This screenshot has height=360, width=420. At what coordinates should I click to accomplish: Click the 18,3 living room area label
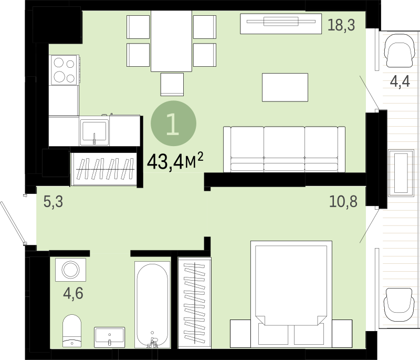pos(341,26)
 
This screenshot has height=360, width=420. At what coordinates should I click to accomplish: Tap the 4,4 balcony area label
pos(400,81)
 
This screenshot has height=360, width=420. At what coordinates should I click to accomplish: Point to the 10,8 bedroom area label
pos(343,202)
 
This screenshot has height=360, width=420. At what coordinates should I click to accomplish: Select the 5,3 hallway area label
pos(54,202)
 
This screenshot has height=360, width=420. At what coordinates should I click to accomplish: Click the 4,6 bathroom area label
pos(73,293)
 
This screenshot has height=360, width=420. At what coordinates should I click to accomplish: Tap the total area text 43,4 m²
pos(175,161)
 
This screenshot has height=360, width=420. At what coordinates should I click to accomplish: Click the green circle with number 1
pos(174,124)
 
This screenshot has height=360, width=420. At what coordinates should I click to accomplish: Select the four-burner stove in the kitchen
pos(64,70)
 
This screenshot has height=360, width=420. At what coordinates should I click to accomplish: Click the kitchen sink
pos(94,132)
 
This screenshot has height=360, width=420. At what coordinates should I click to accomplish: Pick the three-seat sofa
pos(284,149)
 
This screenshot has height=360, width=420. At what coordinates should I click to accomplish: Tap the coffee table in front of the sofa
pos(285,87)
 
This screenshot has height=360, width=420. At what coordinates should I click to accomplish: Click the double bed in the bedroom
pos(291,293)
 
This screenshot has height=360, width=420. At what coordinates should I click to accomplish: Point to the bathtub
pos(152,305)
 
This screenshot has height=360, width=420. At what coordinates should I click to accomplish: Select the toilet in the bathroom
pos(72,331)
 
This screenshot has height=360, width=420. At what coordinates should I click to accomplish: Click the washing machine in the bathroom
pos(71,270)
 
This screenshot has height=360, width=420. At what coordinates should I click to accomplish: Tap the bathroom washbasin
pos(110,337)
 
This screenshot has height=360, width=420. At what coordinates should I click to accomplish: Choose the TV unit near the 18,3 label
pos(281,24)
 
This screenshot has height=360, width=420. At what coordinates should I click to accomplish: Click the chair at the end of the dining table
pos(172,85)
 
